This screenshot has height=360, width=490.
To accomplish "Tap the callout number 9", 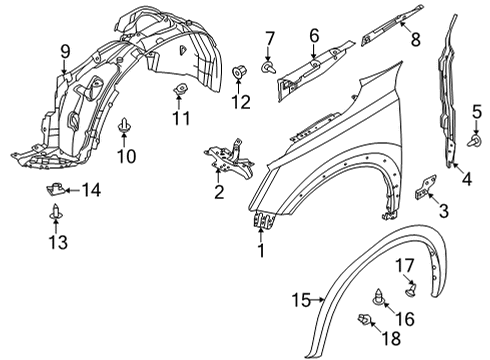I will tap(64, 51).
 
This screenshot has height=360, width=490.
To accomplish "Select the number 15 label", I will tap(302, 299).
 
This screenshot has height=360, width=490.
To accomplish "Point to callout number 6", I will tap(313, 35).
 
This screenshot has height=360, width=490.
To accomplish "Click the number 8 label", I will tap(416, 42).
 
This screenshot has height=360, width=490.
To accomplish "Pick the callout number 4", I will tap(467, 179).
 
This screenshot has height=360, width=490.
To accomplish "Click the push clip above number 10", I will tap(124, 126).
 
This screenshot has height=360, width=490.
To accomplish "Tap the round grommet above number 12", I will tap(239, 72).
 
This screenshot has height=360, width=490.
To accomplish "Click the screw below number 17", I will tap(412, 290).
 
